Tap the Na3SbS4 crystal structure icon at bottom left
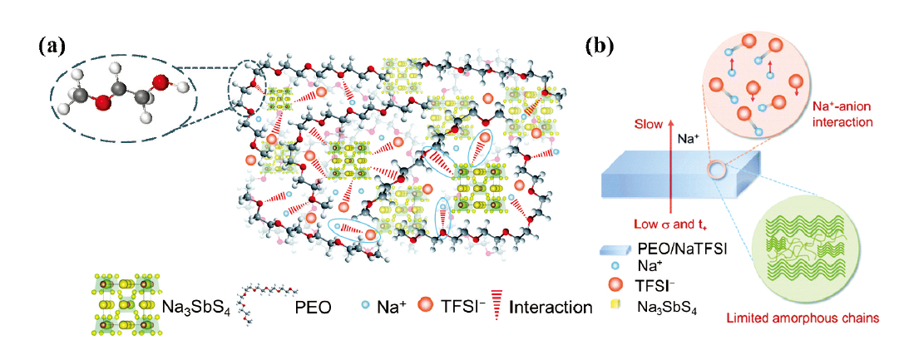(121, 305)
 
